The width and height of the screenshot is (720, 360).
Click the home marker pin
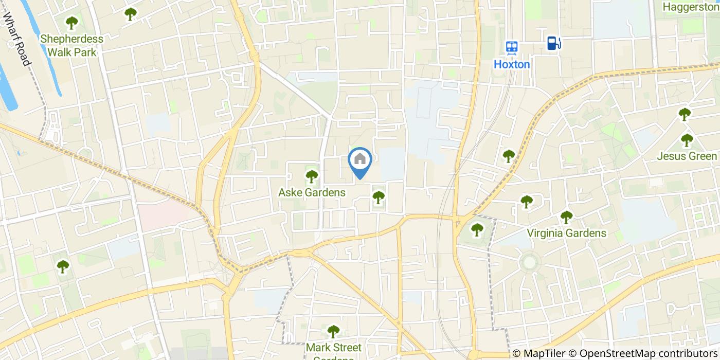360,160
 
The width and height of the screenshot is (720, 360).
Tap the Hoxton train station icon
512,47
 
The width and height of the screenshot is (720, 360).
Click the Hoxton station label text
512,64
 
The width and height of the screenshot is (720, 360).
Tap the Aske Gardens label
312,192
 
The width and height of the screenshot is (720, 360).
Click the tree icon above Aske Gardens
312,176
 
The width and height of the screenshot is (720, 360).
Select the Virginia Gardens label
566,233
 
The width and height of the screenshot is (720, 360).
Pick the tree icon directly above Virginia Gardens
566,217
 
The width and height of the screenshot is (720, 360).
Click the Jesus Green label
687,156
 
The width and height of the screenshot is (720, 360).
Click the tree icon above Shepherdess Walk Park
71,23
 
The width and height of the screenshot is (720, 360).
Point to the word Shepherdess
71,39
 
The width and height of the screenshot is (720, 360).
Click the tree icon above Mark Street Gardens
334,331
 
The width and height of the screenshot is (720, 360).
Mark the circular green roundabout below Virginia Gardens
530,262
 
